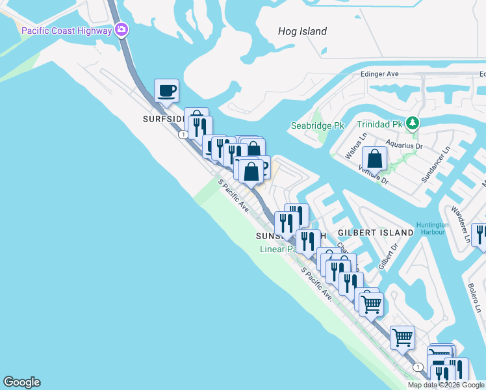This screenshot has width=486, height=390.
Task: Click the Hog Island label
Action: (302, 31)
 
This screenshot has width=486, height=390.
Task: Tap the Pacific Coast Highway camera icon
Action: (121, 30)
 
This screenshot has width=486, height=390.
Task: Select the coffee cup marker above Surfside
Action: (166, 91)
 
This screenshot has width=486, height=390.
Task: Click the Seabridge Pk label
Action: (316, 125)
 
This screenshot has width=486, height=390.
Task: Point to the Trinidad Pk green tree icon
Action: (412, 123)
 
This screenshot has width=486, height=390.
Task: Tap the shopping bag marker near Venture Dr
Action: (375, 158)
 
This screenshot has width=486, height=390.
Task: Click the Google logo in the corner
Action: (21, 382)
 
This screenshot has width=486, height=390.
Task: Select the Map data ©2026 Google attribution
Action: (446, 385)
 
